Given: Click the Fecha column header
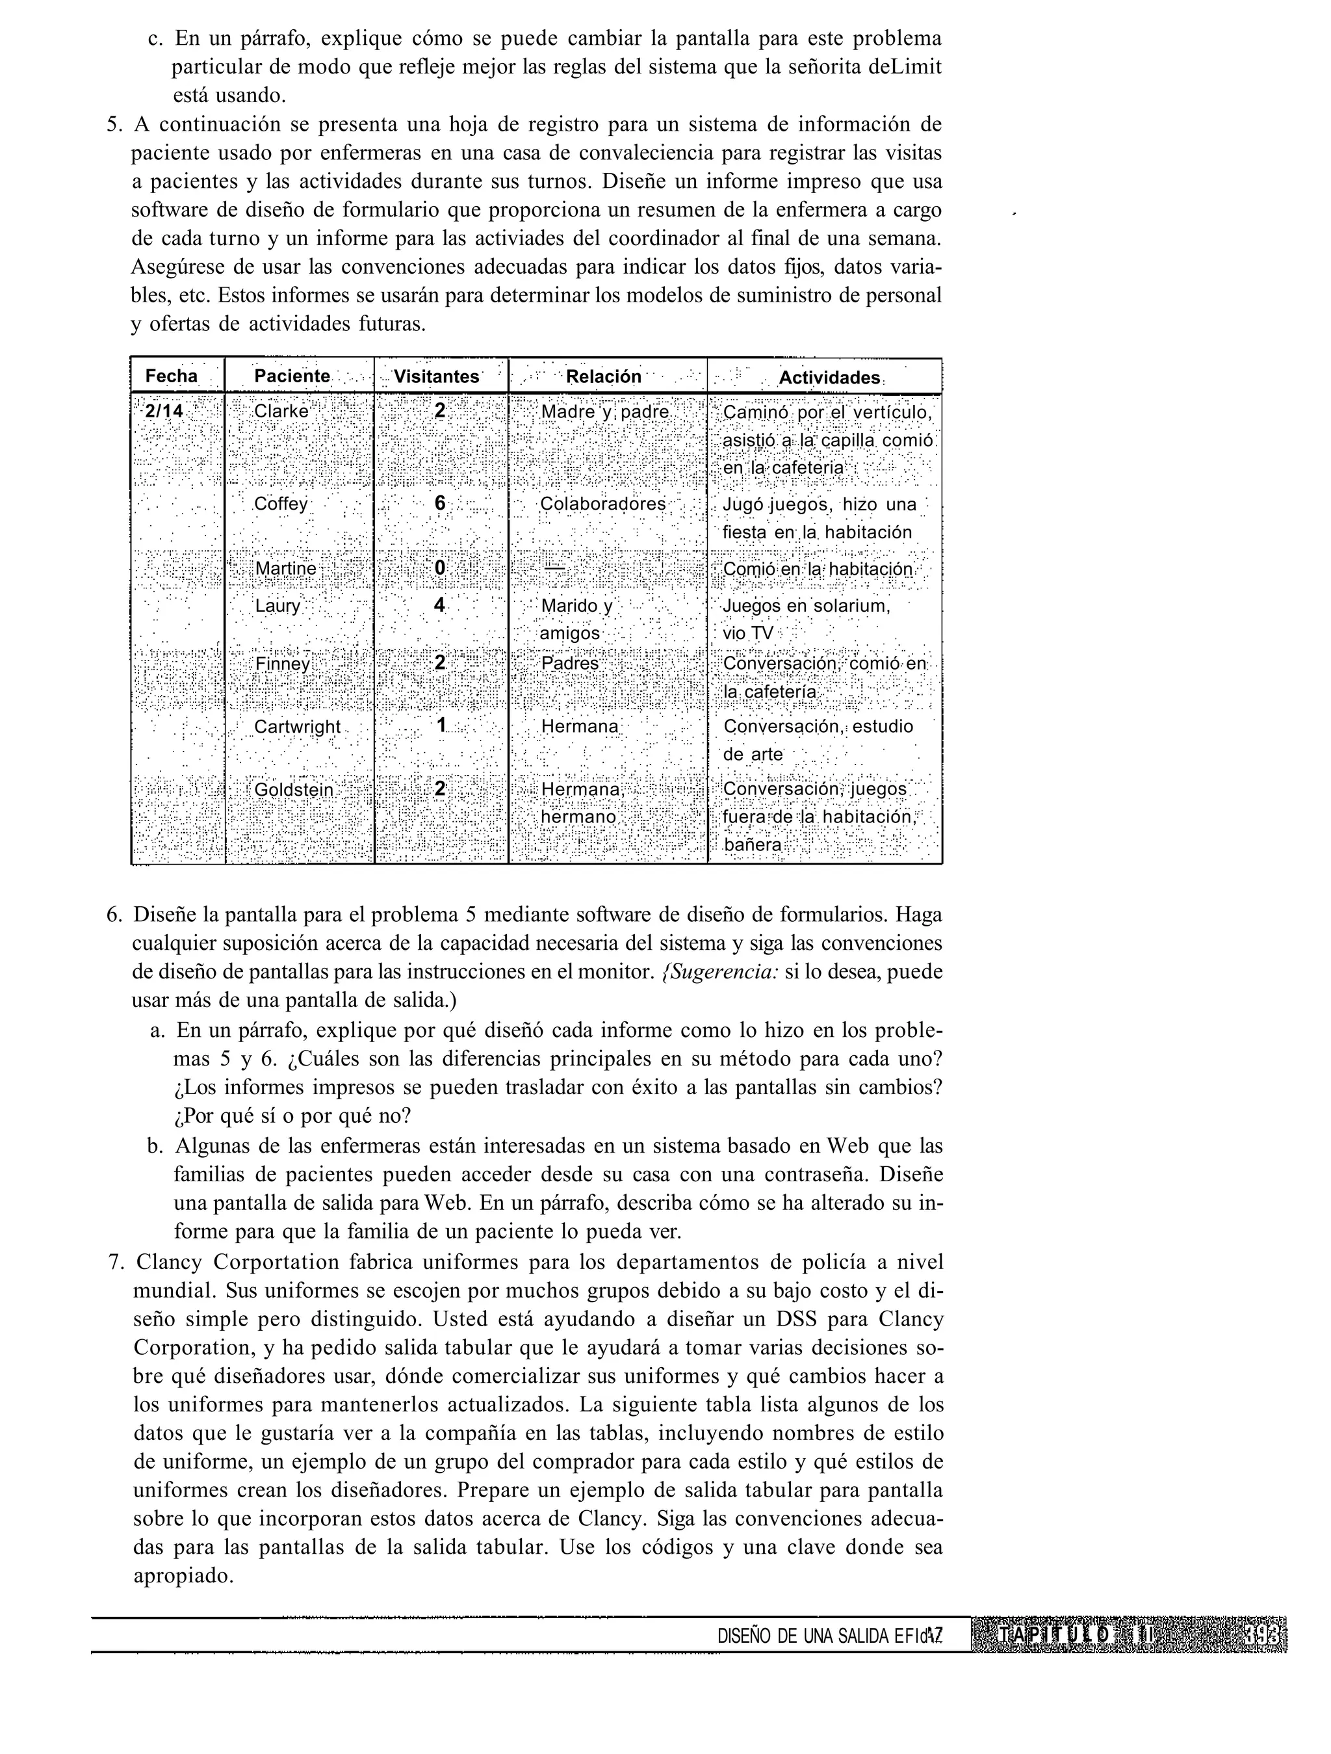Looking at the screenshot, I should coord(171,376).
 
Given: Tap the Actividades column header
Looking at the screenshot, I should coord(829,378).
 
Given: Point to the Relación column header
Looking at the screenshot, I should coord(604,376).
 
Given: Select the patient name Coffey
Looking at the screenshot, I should coord(281,505).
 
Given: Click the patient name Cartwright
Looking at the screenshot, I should coord(297,727).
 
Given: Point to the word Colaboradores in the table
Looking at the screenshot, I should coord(603,504).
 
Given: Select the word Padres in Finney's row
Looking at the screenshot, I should coord(570,663).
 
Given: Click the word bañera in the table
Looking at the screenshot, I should coord(753,845).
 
